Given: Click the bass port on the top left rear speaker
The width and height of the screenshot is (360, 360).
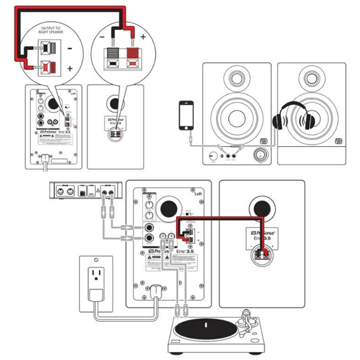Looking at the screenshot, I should point(54,105).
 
